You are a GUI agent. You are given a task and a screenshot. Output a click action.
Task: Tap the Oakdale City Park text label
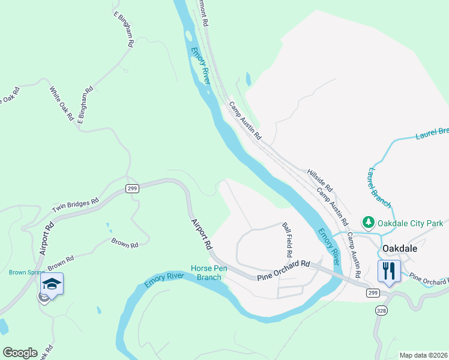click(x=410, y=224)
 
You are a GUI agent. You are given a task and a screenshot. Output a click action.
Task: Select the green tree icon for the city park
click(x=367, y=223)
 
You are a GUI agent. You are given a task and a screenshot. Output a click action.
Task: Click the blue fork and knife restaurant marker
click(x=388, y=271)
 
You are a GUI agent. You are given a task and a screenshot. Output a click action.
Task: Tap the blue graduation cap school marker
click(x=52, y=284)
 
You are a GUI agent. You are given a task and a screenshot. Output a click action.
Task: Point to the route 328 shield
click(x=381, y=310)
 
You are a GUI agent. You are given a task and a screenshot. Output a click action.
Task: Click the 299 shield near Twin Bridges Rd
click(x=133, y=188)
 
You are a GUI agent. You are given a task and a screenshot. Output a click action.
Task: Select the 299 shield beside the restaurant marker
click(x=372, y=292)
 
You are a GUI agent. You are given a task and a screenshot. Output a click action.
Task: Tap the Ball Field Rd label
click(x=288, y=236)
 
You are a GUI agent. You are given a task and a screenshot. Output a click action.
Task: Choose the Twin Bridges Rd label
click(x=75, y=206)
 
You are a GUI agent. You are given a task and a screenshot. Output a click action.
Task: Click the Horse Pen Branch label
click(x=206, y=272)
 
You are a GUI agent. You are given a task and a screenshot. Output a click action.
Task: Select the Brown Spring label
click(x=22, y=272)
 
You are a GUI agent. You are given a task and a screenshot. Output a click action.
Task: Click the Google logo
click(x=19, y=353)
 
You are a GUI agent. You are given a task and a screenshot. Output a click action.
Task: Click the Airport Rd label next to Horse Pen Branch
click(x=202, y=233)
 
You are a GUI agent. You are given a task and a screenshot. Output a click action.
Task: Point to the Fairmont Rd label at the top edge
click(x=203, y=12)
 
